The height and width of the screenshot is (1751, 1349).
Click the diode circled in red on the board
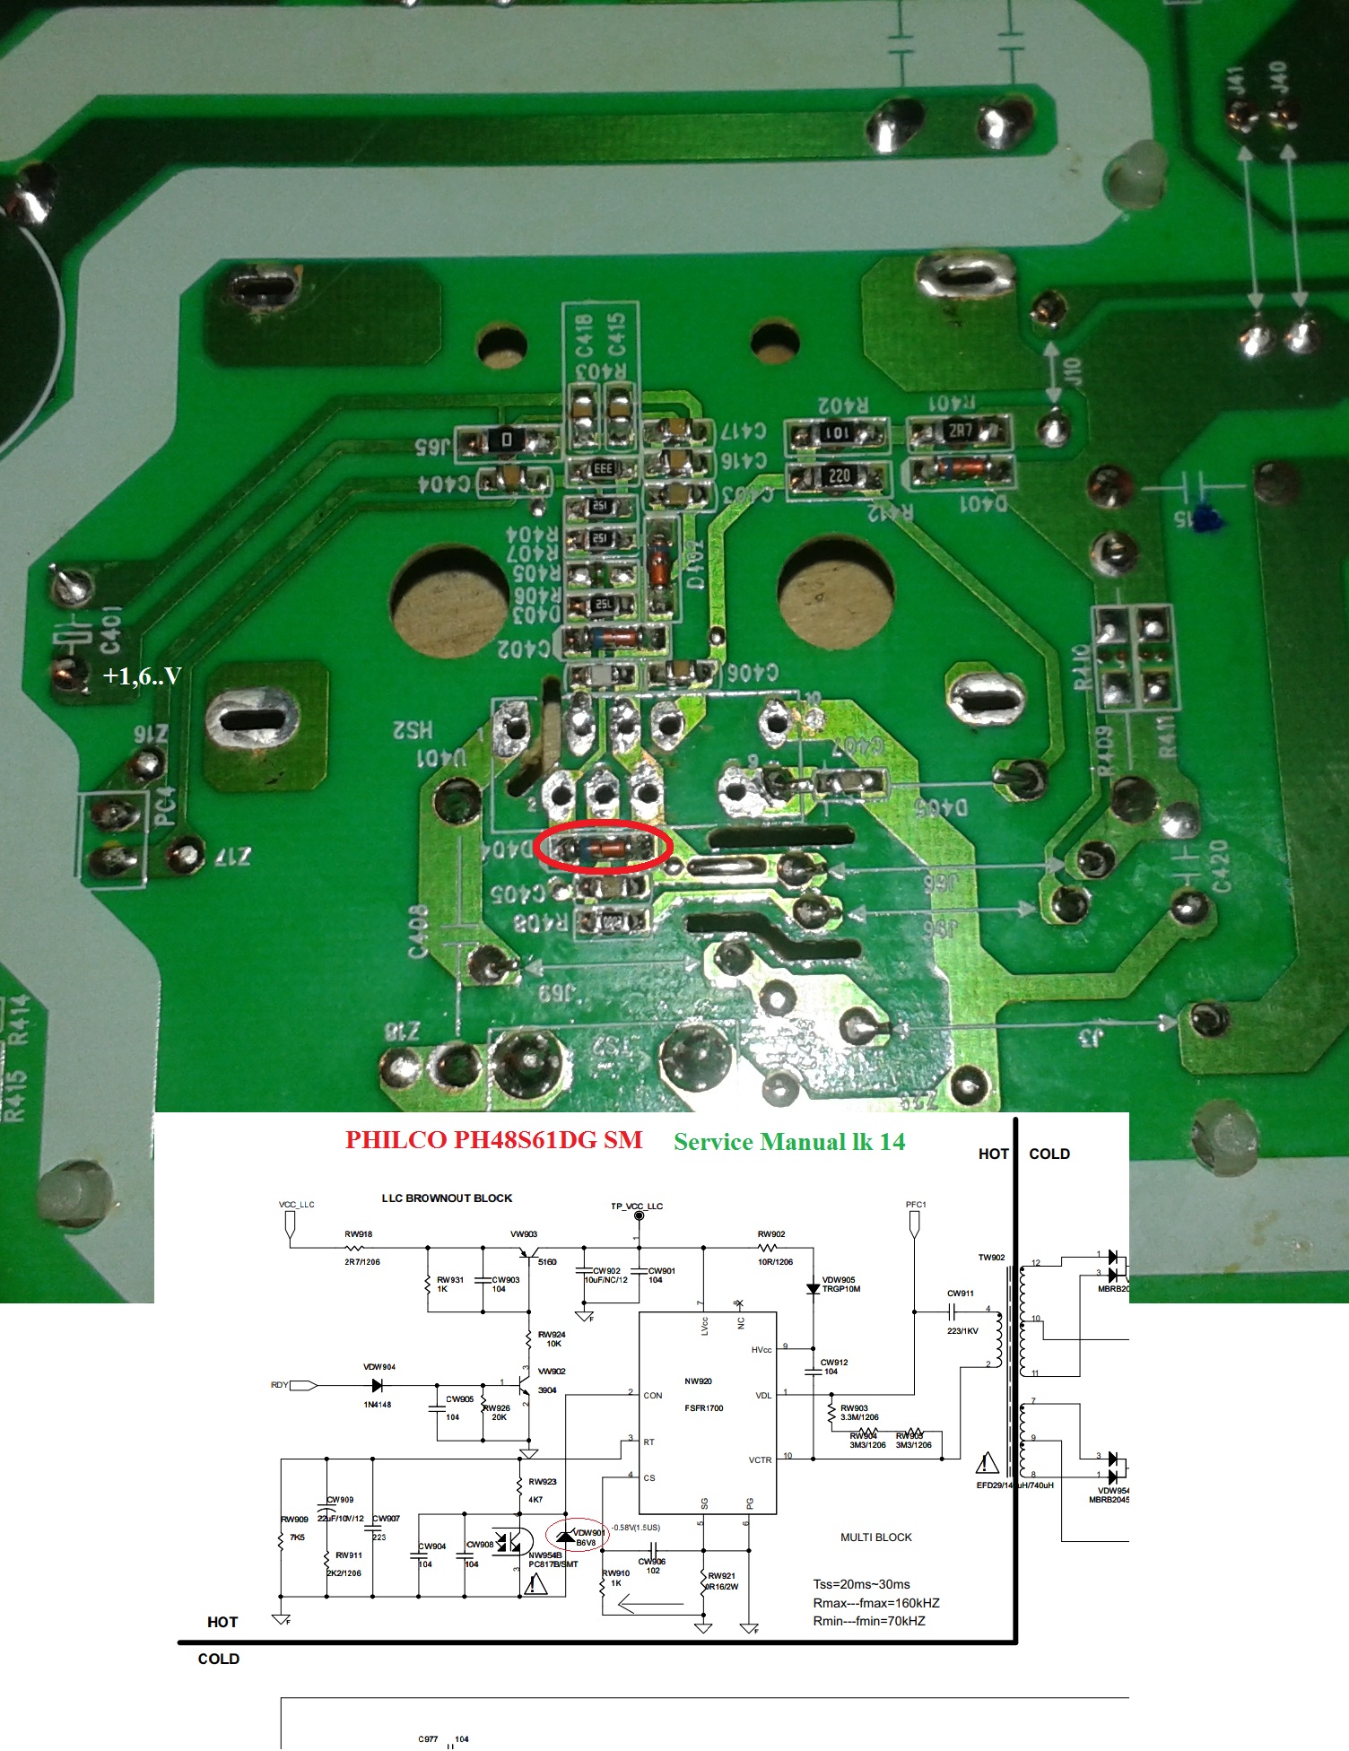603,846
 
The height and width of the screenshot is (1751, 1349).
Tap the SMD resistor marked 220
839,475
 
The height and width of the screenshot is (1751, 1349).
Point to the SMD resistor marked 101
837,434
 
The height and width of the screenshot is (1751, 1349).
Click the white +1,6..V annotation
142,675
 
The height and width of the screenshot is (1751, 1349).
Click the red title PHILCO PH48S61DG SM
493,1140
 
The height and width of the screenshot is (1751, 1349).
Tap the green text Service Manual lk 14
789,1142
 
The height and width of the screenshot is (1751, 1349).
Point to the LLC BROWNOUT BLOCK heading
447,1198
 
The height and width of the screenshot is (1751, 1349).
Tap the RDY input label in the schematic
280,1385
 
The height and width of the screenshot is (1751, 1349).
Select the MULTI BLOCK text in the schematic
875,1537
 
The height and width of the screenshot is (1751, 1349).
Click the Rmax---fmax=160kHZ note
875,1602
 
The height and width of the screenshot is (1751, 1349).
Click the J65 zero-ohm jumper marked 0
507,440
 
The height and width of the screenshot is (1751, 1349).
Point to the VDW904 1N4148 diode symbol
377,1385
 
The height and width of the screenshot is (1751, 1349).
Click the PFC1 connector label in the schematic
915,1205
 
